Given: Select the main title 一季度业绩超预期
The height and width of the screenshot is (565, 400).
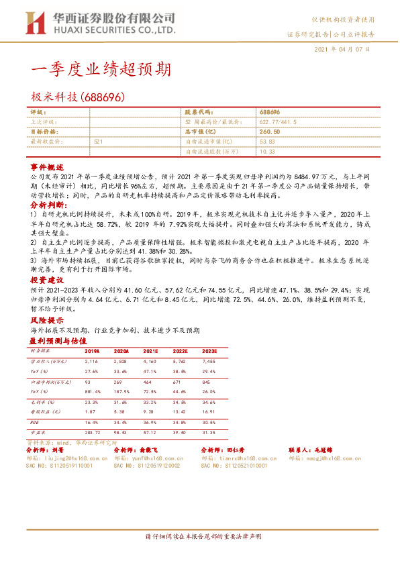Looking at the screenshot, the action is point(101,70).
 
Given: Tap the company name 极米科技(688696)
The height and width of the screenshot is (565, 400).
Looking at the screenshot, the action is point(77,97).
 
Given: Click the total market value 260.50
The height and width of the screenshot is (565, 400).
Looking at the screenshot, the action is point(269,132).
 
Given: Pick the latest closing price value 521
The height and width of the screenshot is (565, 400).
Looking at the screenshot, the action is point(98,142).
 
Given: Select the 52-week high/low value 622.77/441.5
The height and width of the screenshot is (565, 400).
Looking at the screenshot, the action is point(282,122).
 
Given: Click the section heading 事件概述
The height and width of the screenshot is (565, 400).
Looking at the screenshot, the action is point(46,165).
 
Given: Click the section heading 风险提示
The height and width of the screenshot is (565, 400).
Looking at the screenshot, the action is point(46,321).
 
